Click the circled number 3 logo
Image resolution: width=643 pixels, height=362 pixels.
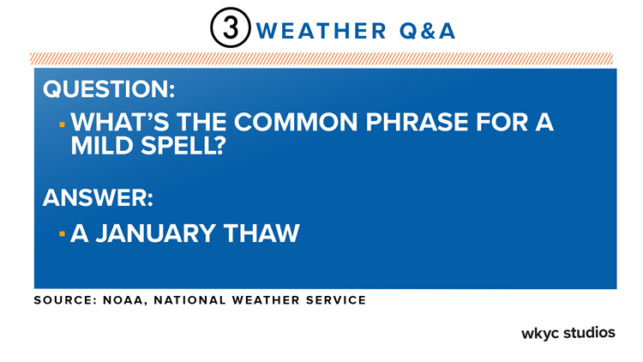point(230,27)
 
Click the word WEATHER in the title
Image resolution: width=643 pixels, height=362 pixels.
point(321,31)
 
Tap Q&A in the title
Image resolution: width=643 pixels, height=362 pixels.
point(427,31)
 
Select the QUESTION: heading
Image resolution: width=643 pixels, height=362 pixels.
point(109,88)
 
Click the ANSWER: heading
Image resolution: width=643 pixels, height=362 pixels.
point(98,197)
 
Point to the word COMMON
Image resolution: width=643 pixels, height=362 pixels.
point(296,122)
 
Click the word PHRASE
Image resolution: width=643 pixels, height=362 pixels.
point(417,122)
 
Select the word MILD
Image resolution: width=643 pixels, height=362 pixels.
point(102,146)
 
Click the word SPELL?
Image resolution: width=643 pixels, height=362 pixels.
point(183,146)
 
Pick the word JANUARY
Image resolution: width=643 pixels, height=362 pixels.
point(156,233)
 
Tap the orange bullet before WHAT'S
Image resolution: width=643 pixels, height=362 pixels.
point(62,124)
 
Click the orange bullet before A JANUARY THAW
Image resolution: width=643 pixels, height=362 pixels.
point(62,234)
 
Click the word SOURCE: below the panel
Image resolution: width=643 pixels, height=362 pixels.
point(65,300)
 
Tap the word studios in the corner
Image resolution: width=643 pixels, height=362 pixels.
point(589,332)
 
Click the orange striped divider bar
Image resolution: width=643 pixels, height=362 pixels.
point(321,58)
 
